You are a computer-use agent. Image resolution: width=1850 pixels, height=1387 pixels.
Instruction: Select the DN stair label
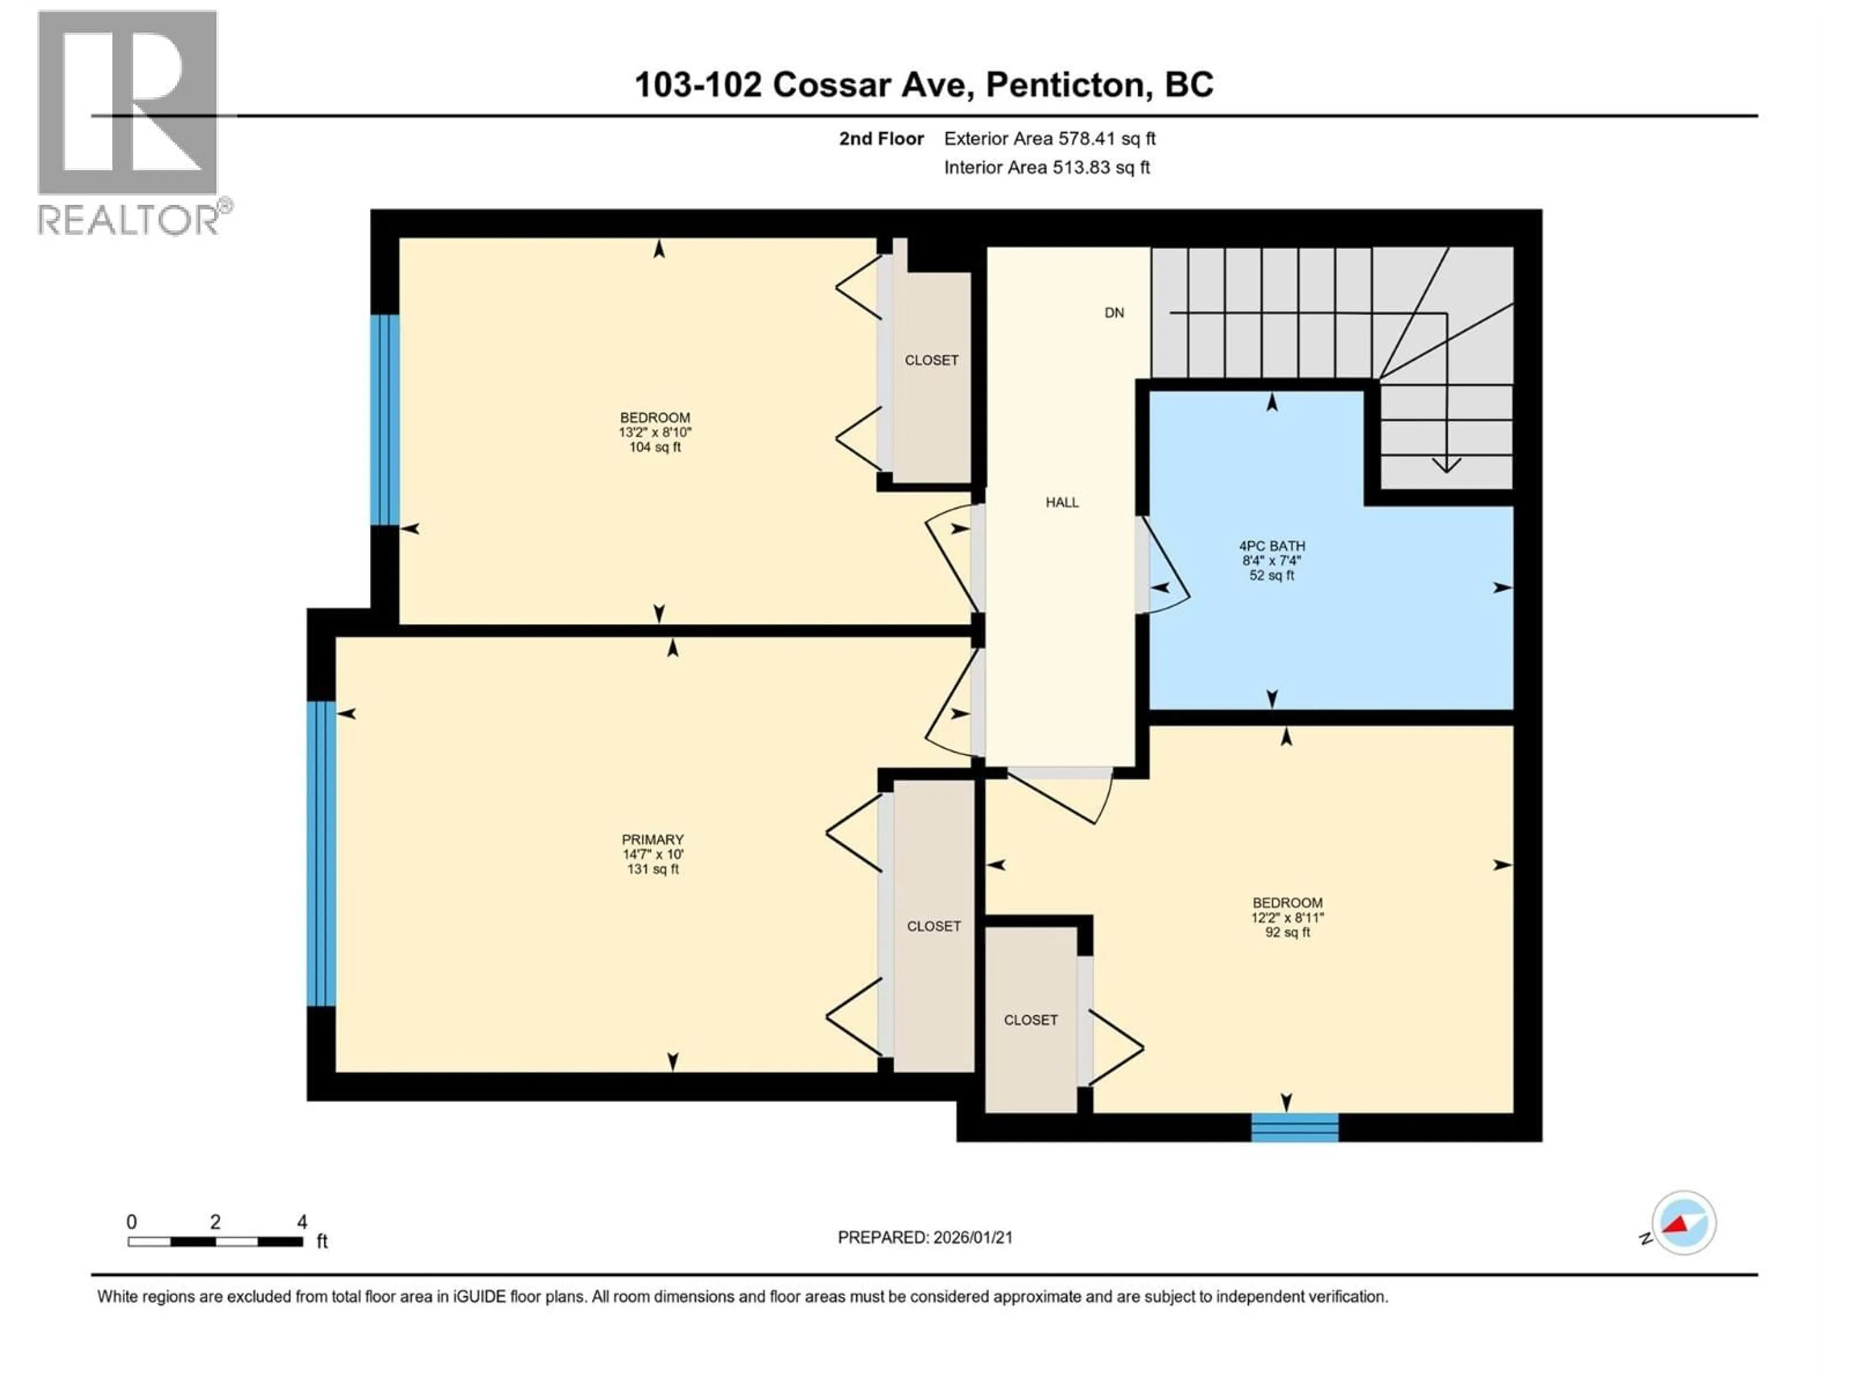pyautogui.click(x=1114, y=313)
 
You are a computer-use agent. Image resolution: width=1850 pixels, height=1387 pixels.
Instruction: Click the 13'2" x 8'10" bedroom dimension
pyautogui.click(x=655, y=432)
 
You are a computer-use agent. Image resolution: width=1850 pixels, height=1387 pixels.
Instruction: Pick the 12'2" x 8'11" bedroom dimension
pyautogui.click(x=1287, y=917)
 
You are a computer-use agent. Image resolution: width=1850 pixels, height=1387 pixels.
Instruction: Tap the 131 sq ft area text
pyautogui.click(x=652, y=869)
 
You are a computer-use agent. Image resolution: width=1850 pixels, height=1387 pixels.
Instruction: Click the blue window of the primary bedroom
pyautogui.click(x=321, y=853)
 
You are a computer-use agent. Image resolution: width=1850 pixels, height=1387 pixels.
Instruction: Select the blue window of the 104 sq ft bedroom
pyautogui.click(x=385, y=419)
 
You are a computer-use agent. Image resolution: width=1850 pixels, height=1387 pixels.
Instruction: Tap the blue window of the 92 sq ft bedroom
pyautogui.click(x=1295, y=1127)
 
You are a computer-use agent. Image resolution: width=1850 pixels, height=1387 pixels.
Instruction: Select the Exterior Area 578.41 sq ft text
pyautogui.click(x=1050, y=139)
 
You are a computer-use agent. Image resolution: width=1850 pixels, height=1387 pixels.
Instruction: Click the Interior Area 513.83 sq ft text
pyautogui.click(x=1046, y=167)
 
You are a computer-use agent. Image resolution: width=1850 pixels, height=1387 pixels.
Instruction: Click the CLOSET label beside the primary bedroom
pyautogui.click(x=933, y=926)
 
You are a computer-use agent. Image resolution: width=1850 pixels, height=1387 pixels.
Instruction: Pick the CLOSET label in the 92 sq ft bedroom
pyautogui.click(x=1031, y=1020)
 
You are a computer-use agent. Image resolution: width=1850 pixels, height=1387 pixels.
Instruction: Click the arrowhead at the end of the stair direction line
pyautogui.click(x=1446, y=465)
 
